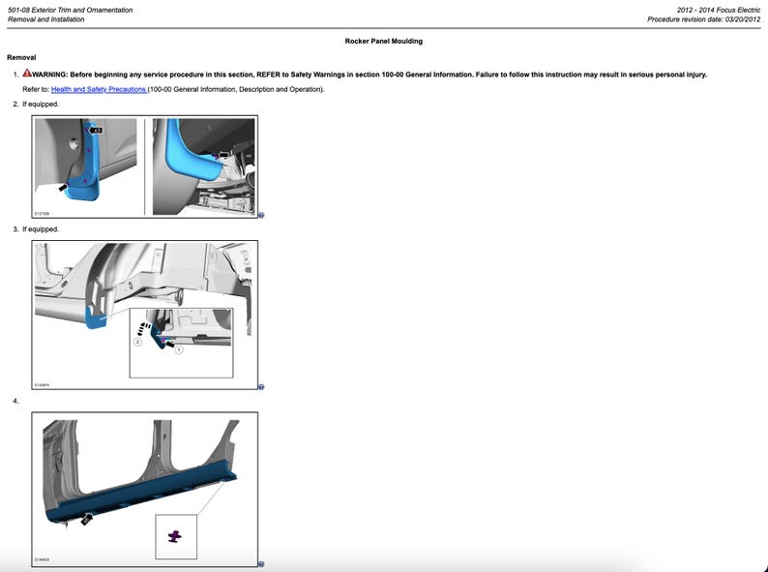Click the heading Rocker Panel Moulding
[383, 42]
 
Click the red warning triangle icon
[27, 74]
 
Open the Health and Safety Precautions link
[99, 89]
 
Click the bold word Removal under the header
[20, 58]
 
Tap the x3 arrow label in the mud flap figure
[96, 129]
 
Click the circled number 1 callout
[179, 349]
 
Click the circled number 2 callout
[137, 342]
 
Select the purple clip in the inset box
[175, 535]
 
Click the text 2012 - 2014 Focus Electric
[719, 10]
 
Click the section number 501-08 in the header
[19, 10]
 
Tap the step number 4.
[15, 401]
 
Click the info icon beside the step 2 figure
[261, 216]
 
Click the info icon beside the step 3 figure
[261, 387]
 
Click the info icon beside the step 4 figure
[261, 564]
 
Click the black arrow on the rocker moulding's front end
[86, 519]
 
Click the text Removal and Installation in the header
[45, 19]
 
